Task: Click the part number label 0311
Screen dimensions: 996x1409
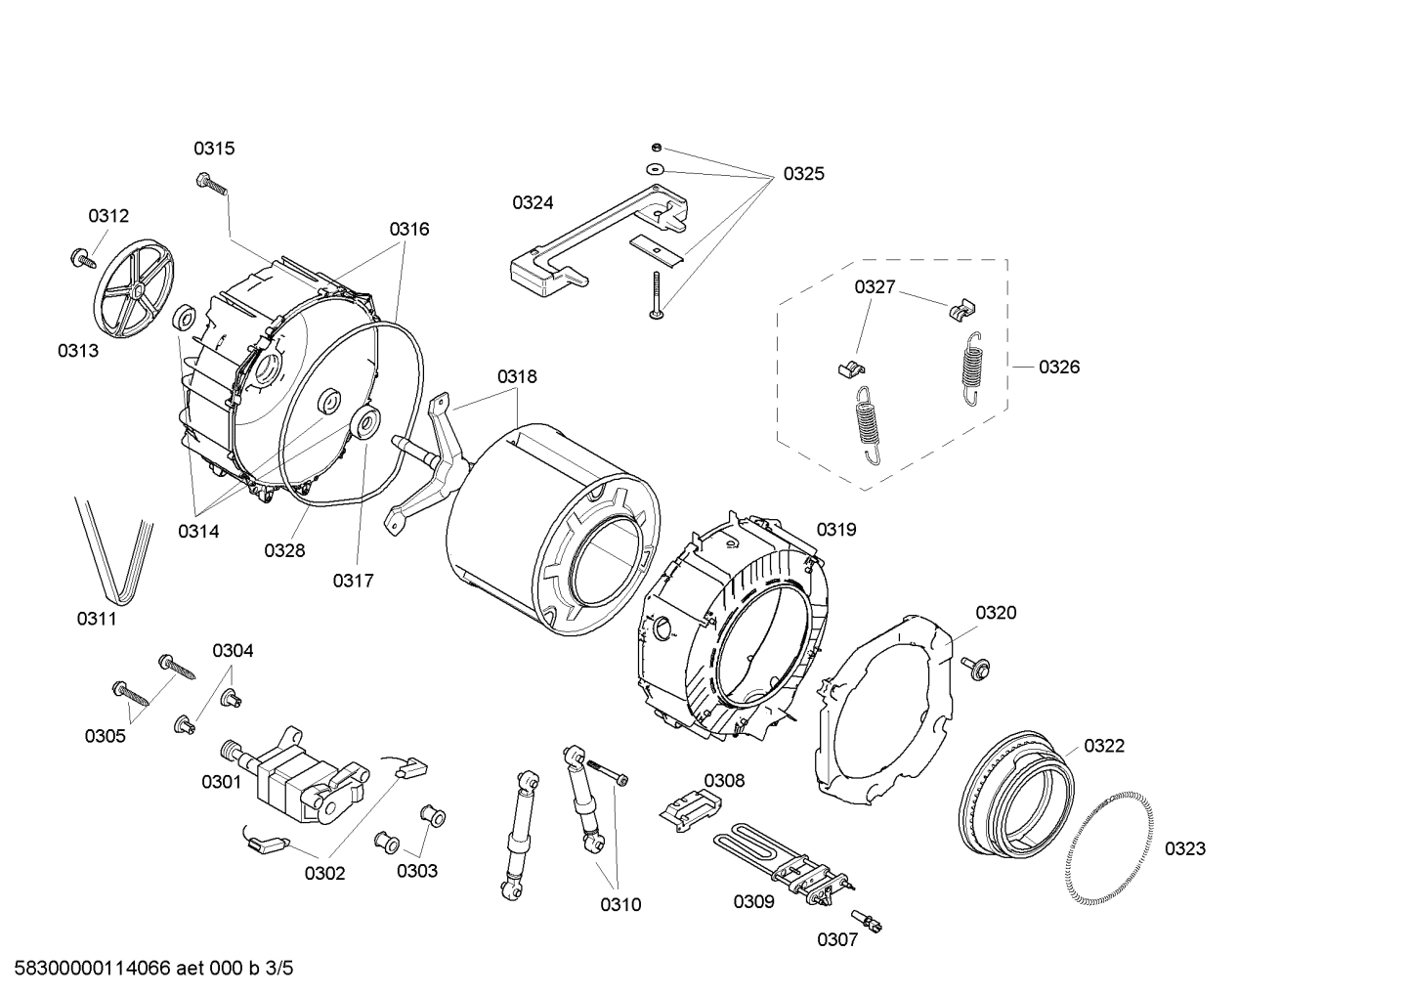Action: (x=97, y=619)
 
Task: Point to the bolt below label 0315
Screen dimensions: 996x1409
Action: (x=211, y=182)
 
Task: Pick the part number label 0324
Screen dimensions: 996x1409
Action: (x=533, y=202)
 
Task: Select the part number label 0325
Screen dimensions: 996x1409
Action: (x=803, y=174)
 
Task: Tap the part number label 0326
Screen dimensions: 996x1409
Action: (x=1059, y=367)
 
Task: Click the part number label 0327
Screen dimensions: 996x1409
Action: (x=875, y=286)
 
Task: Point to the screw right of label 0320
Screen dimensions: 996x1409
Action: (x=974, y=667)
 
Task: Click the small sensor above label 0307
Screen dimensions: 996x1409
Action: (x=866, y=920)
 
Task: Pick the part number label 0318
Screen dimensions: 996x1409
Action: (x=517, y=376)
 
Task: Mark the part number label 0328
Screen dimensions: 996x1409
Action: (x=284, y=550)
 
